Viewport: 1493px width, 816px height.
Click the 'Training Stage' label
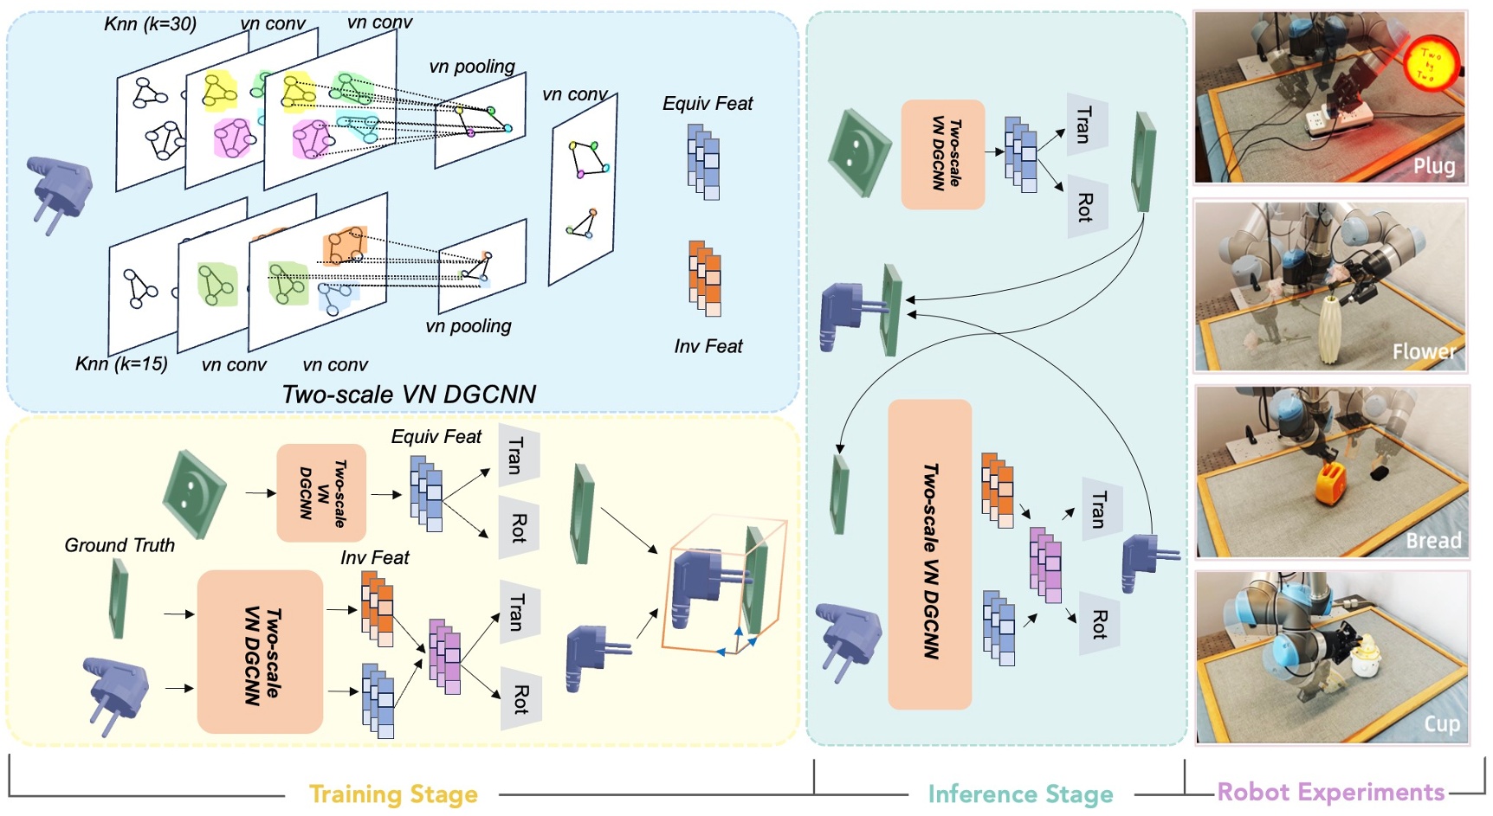pos(393,794)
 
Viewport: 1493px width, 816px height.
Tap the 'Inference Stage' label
pos(1020,794)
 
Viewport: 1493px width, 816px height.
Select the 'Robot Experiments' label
pos(1330,792)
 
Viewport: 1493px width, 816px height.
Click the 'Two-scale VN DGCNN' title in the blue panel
pos(409,395)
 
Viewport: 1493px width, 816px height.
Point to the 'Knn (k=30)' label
pos(150,24)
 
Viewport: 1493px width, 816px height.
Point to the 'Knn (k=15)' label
pos(121,364)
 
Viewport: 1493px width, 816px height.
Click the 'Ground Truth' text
pos(120,545)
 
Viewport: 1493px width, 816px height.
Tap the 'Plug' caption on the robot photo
pos(1433,165)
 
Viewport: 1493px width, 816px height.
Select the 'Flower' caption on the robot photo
pos(1423,351)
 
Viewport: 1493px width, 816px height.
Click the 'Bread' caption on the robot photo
pos(1433,541)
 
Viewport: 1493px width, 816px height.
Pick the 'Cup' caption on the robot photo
pos(1441,723)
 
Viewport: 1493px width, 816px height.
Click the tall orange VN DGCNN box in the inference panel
pos(929,554)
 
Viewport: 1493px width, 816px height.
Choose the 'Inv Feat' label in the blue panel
pos(708,347)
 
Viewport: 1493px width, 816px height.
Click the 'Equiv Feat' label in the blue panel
pos(708,104)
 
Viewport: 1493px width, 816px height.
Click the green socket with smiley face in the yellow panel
pos(194,493)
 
